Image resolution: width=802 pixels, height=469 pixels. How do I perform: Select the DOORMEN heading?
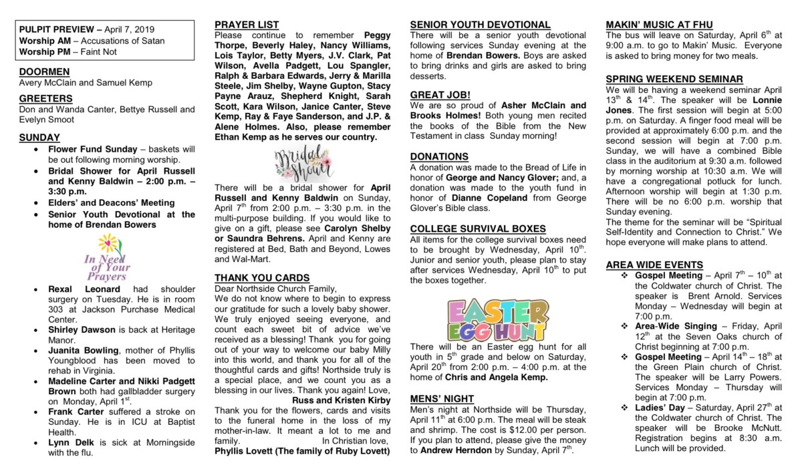pyautogui.click(x=44, y=71)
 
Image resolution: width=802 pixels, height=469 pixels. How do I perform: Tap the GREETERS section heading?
pyautogui.click(x=45, y=98)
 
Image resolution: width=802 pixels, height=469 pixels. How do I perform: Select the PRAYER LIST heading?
pyautogui.click(x=247, y=25)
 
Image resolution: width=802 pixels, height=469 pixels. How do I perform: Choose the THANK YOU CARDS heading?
pyautogui.click(x=262, y=277)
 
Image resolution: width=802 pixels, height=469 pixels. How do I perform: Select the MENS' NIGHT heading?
pyautogui.click(x=442, y=399)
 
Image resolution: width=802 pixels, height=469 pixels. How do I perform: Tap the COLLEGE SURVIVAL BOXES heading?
pyautogui.click(x=478, y=228)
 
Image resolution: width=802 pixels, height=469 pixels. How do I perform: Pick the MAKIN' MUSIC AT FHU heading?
pyautogui.click(x=659, y=25)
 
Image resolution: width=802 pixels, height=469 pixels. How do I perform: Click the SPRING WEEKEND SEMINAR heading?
pyautogui.click(x=674, y=79)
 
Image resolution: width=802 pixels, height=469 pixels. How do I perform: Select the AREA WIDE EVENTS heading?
pyautogui.click(x=654, y=265)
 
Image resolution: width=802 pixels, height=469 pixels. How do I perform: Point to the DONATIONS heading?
pyautogui.click(x=439, y=156)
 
